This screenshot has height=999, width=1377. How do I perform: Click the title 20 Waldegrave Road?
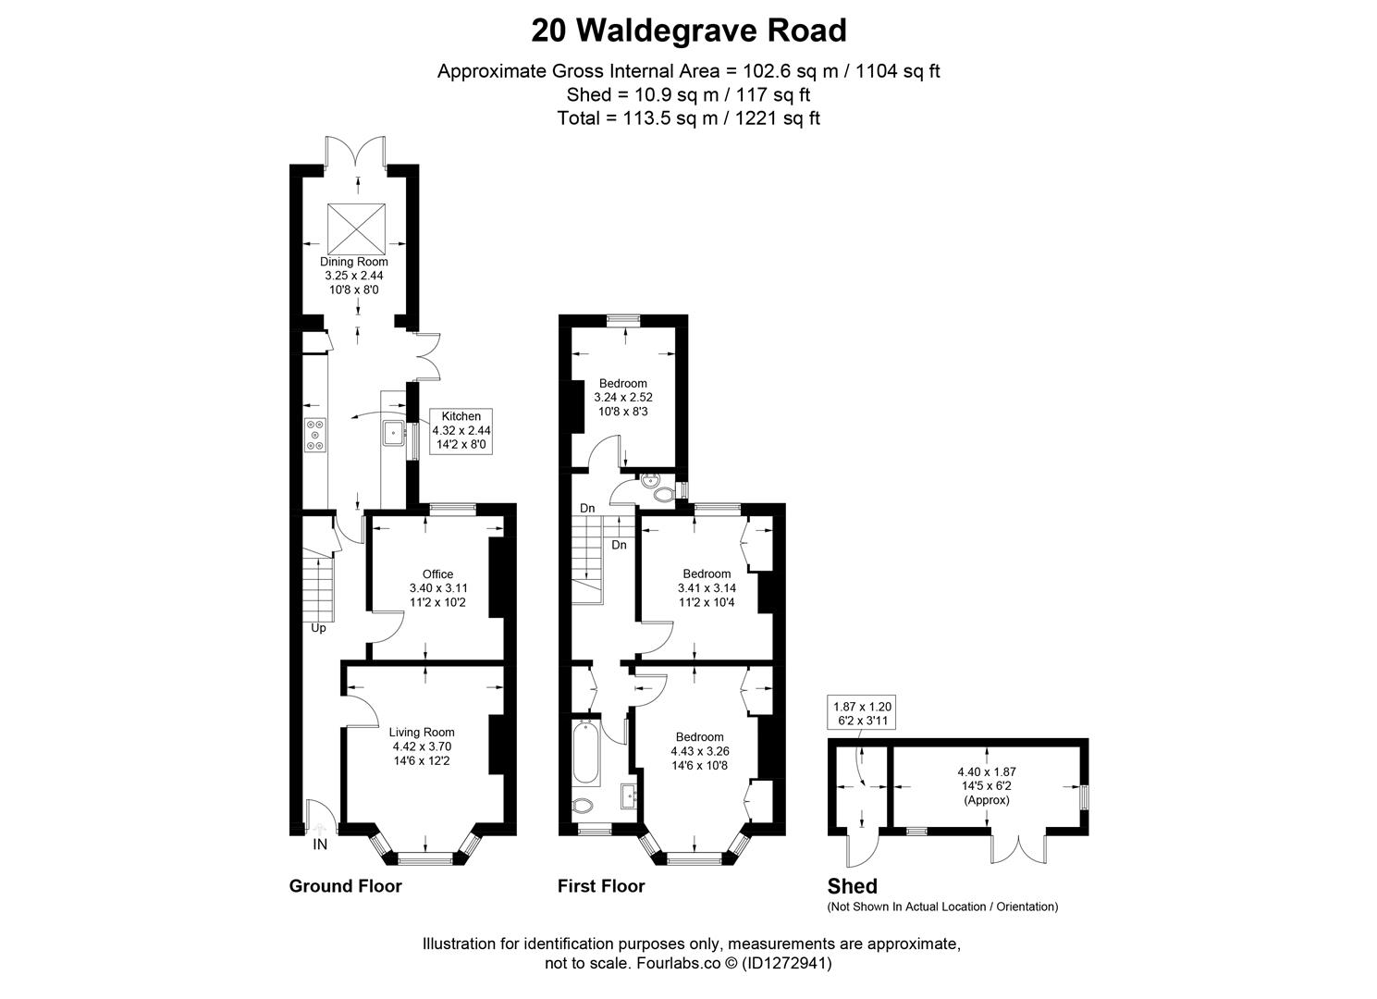[x=688, y=31]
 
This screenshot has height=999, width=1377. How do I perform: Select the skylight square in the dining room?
[x=355, y=225]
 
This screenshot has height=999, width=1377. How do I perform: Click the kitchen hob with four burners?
[x=316, y=436]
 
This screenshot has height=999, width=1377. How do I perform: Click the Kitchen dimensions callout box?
[x=461, y=430]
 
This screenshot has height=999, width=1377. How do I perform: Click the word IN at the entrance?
[x=320, y=845]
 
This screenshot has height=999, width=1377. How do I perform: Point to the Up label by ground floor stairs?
[x=318, y=628]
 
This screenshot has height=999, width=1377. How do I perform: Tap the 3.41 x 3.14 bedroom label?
[x=707, y=586]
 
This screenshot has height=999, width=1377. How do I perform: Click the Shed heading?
[x=852, y=886]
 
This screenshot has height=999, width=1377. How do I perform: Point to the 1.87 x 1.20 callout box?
[x=863, y=713]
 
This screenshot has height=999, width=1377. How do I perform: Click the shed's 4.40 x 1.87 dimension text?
[x=987, y=784]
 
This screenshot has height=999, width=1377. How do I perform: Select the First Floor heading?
[x=600, y=886]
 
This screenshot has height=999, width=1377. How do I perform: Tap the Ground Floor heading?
[x=345, y=886]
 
